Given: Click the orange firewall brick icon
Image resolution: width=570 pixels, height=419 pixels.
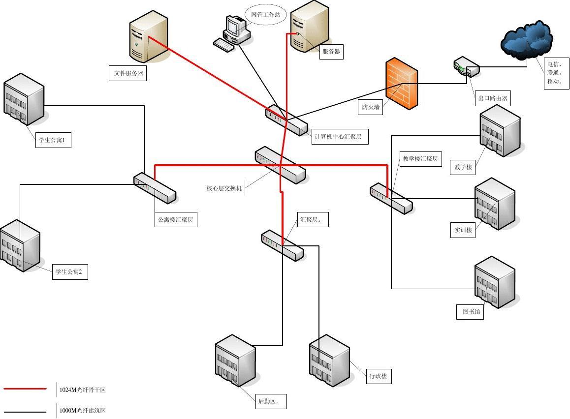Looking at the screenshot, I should point(402,84).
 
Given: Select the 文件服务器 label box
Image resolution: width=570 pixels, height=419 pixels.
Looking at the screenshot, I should point(128,73).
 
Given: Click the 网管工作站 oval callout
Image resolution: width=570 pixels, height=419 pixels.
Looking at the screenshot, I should point(265,15).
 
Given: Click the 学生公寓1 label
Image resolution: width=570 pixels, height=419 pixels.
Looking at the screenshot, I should point(54,140).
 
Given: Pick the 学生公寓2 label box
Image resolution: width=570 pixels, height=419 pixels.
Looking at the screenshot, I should point(70,272).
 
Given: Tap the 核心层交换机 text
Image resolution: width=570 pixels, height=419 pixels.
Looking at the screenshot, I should point(224,188).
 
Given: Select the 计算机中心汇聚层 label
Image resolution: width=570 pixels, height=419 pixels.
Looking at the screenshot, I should point(340,137).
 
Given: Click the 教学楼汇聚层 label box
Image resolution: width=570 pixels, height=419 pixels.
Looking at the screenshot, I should point(420,159).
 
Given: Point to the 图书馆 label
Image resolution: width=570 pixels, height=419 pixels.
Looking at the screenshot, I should point(470,312).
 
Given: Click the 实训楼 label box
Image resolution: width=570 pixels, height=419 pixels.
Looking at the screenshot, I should point(463,230).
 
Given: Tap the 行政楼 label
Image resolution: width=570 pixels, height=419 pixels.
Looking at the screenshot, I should point(378,377).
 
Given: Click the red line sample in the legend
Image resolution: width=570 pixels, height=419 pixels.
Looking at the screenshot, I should point(26,389).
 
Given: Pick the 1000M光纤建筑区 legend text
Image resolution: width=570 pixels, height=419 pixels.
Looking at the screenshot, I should point(83,411).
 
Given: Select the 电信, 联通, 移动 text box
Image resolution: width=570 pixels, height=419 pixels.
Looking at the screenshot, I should point(556,73).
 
